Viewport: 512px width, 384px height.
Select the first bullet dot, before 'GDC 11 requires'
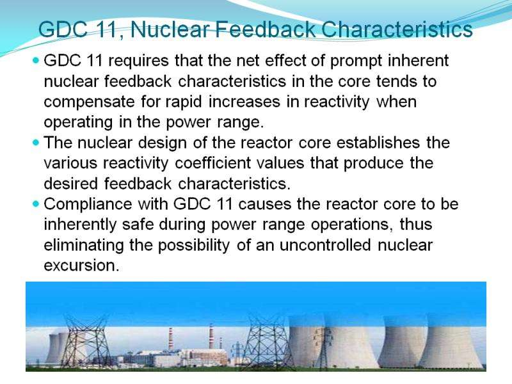(36, 60)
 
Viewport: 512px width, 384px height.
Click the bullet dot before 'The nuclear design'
(36, 143)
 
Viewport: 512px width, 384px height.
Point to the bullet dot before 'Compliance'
(36, 204)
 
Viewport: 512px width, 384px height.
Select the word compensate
(89, 102)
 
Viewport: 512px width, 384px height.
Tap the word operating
(78, 123)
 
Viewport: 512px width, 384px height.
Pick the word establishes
(378, 143)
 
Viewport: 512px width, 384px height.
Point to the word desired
(70, 184)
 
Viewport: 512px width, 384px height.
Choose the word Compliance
(88, 205)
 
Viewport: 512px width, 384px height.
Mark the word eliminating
(84, 246)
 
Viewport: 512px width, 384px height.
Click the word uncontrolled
(325, 245)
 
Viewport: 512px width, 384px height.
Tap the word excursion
(81, 266)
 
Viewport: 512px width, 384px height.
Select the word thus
(416, 225)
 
